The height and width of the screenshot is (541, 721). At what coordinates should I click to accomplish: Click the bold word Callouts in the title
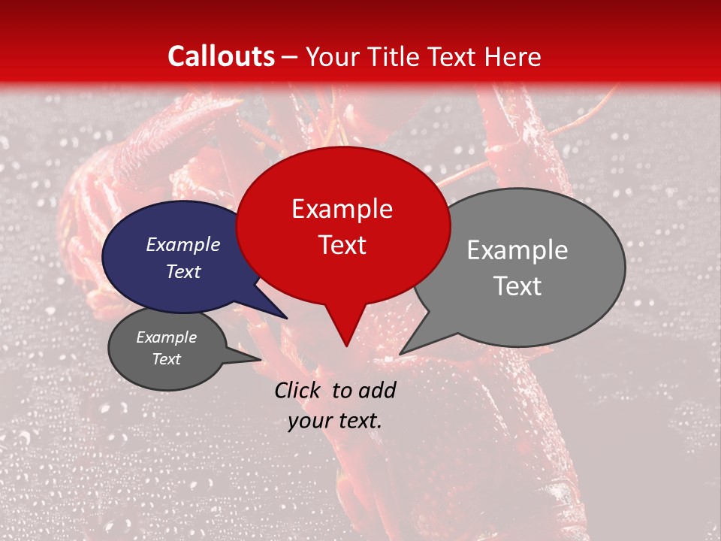221,56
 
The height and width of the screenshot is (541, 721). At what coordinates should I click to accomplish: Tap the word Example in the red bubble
342,209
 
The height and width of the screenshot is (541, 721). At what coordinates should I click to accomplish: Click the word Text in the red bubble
342,245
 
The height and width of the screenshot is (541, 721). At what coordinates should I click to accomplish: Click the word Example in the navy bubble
183,244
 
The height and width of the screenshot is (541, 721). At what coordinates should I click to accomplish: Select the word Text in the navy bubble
183,271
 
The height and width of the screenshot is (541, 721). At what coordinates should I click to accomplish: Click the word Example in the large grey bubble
517,250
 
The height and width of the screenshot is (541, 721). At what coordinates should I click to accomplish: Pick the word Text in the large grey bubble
517,286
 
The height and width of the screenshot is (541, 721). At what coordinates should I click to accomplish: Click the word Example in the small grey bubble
166,337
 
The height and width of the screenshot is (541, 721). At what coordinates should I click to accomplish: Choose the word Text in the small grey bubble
166,359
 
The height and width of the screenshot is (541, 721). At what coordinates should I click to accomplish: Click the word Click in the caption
298,390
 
